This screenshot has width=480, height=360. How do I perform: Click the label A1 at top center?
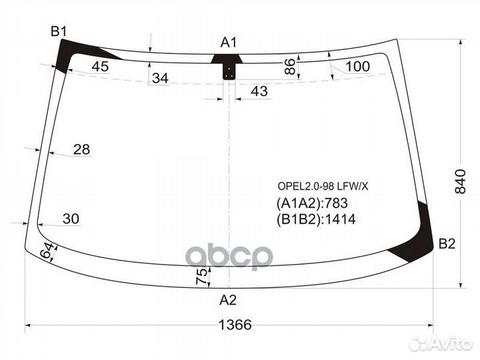[229, 42]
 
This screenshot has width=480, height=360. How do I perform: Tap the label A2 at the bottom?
[228, 300]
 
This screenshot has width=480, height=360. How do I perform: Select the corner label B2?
[447, 245]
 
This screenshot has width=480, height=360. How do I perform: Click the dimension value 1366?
[235, 325]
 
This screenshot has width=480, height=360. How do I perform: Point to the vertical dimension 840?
[461, 180]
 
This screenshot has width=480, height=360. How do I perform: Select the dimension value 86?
[289, 66]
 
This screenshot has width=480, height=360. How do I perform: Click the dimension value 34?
[160, 79]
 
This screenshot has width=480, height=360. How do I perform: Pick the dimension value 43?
[260, 91]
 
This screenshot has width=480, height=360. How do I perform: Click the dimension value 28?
[81, 149]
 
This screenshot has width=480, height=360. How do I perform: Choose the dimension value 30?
[71, 218]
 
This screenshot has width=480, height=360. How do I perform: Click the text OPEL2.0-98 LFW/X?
[322, 186]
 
